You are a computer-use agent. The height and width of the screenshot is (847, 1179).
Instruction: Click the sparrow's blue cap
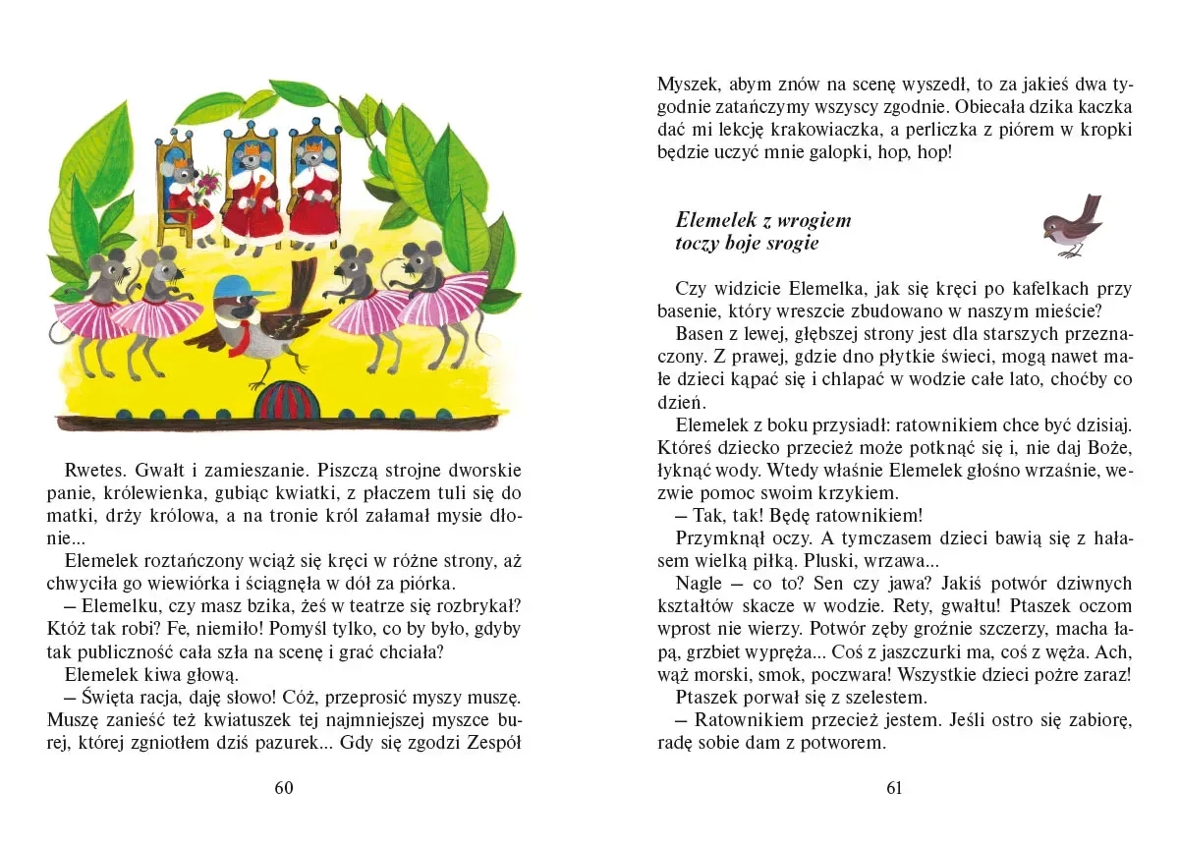[241, 287]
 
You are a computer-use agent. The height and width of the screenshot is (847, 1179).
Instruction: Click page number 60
[284, 787]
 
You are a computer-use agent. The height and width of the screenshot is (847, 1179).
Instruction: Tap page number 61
[893, 787]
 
